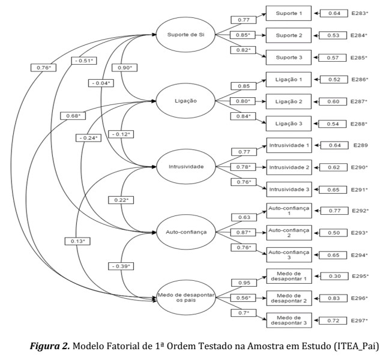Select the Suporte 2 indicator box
pyautogui.click(x=289, y=35)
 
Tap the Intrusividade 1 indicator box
pyautogui.click(x=289, y=145)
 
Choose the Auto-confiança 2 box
pyautogui.click(x=289, y=233)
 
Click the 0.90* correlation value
pyautogui.click(x=125, y=67)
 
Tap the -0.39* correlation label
pyautogui.click(x=121, y=265)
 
